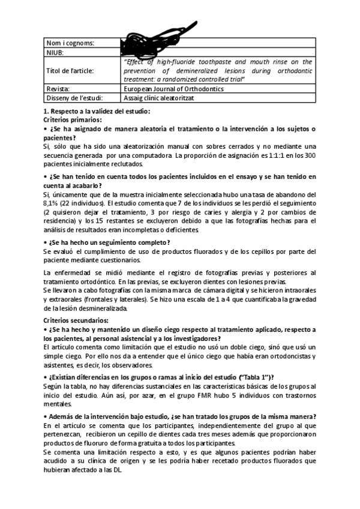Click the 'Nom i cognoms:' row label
tap(70, 43)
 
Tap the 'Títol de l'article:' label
tap(70, 70)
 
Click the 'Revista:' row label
tap(59, 89)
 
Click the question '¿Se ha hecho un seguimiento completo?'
tap(106, 242)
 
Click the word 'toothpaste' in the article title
tap(218, 62)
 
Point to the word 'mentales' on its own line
tap(59, 405)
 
